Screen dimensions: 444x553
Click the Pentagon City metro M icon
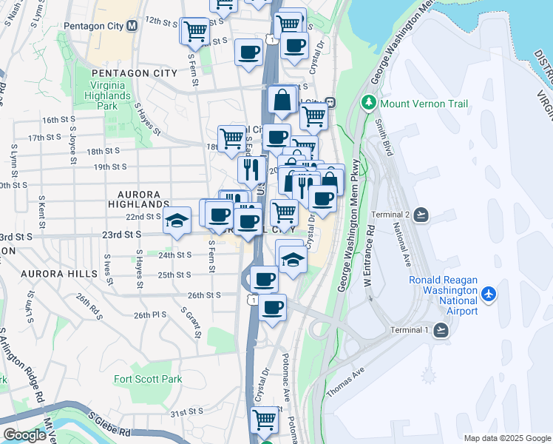pos(132,26)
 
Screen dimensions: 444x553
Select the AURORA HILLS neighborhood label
pos(59,274)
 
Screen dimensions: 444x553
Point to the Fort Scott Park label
pos(148,379)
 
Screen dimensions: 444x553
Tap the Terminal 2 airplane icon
pos(421,215)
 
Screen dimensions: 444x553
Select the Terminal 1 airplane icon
pos(442,330)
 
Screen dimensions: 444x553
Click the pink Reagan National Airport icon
pos(488,295)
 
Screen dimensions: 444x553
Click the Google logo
pos(24,435)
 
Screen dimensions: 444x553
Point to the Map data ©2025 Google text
pos(506,438)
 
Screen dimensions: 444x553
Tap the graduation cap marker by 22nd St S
pos(177,220)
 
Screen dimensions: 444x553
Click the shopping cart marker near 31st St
pos(265,420)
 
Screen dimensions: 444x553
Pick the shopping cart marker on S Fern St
pos(195,31)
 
